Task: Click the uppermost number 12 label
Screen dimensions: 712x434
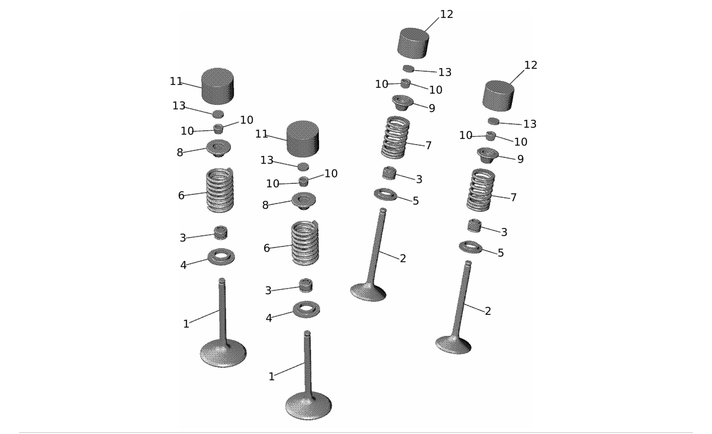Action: click(446, 14)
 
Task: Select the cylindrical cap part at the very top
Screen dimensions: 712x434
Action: click(413, 43)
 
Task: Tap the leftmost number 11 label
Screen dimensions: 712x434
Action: click(176, 82)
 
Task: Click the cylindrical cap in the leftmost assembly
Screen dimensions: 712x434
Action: click(218, 86)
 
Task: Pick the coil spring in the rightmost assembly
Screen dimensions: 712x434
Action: click(480, 190)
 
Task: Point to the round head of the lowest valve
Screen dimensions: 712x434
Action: click(308, 406)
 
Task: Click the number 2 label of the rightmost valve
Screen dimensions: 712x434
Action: click(488, 311)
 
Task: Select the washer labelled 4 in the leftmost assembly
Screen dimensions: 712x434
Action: click(221, 257)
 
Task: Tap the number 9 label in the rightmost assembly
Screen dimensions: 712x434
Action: click(520, 159)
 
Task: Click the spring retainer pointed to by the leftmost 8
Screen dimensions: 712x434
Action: click(218, 148)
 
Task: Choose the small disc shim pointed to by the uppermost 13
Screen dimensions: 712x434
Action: click(408, 68)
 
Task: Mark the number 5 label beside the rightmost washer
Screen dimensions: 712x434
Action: click(501, 253)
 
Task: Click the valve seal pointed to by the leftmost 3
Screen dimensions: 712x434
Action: click(221, 233)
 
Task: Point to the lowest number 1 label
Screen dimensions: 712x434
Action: click(271, 377)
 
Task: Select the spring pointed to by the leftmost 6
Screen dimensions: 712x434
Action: click(220, 190)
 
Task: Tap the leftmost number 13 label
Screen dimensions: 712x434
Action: click(179, 106)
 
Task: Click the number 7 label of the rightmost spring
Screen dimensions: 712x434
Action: click(514, 197)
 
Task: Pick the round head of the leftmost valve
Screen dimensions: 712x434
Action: click(223, 354)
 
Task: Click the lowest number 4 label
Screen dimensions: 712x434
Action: click(269, 318)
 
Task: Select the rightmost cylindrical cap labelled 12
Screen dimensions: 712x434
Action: click(498, 96)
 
